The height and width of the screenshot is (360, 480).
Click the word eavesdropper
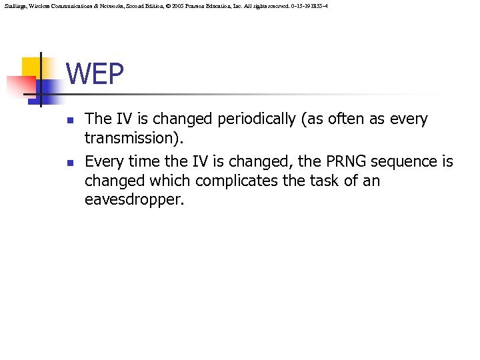pos(133,199)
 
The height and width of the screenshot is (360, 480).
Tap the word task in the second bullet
pos(329,181)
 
